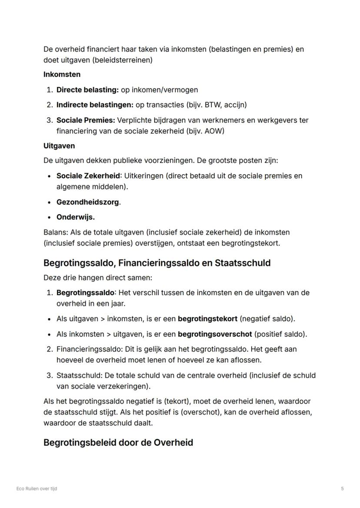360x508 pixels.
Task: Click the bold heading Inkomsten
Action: tap(62, 74)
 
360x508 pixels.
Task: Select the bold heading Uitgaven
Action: tap(59, 146)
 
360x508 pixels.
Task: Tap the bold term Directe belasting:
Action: tap(87, 90)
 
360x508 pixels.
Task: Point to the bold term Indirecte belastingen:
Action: tap(95, 105)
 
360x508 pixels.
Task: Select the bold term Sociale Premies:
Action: tap(85, 120)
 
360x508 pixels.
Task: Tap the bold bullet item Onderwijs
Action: tap(75, 217)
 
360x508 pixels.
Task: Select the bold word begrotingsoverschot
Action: tap(215, 334)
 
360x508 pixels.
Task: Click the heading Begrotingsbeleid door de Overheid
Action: tap(118, 443)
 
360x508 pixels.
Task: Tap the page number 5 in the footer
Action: tap(343, 488)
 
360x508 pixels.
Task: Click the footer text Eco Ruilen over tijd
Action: tap(37, 488)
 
